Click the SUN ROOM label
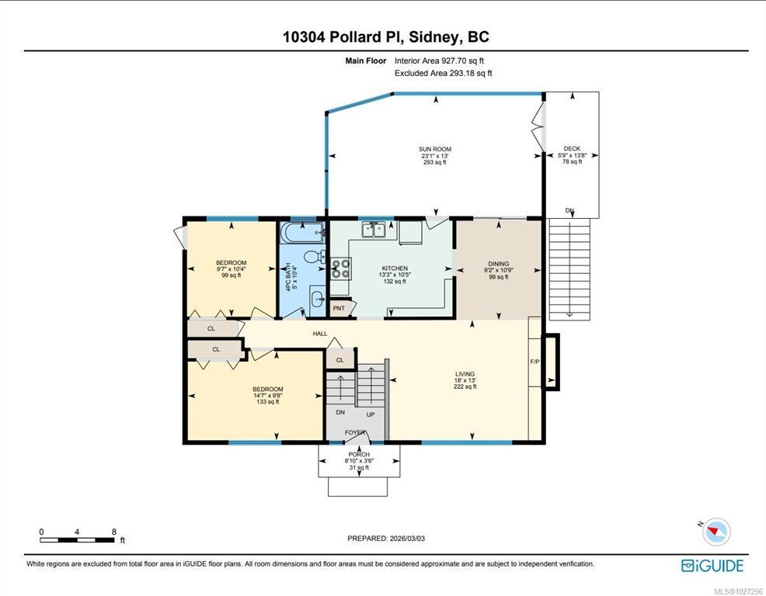pyautogui.click(x=435, y=149)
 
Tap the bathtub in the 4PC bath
pyautogui.click(x=302, y=233)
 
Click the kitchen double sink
pyautogui.click(x=374, y=230)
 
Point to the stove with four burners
pyautogui.click(x=341, y=269)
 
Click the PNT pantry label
pyautogui.click(x=339, y=308)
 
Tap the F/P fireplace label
pyautogui.click(x=535, y=362)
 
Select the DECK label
pyautogui.click(x=572, y=148)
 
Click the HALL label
pyautogui.click(x=320, y=334)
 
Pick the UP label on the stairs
pyautogui.click(x=371, y=414)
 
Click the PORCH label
pyautogui.click(x=359, y=455)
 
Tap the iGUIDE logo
pyautogui.click(x=712, y=566)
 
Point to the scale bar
pyautogui.click(x=77, y=540)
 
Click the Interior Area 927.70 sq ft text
pyautogui.click(x=439, y=61)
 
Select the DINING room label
pyautogui.click(x=499, y=264)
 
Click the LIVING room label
pyautogui.click(x=465, y=374)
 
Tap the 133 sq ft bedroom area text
pyautogui.click(x=268, y=402)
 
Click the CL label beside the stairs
pyautogui.click(x=340, y=360)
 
